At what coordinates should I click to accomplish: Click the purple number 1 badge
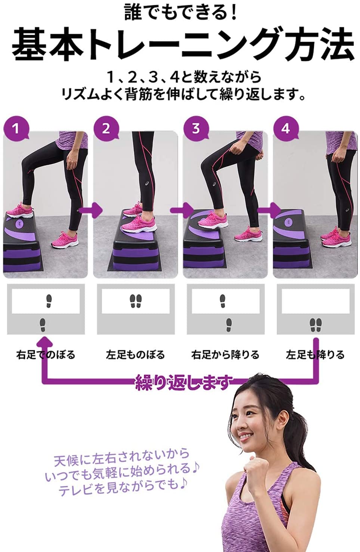(16, 129)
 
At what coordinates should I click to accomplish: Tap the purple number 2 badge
(106, 129)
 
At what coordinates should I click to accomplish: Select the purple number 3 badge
(196, 129)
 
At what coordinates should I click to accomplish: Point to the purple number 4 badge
(286, 129)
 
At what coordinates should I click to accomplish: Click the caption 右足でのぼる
(46, 355)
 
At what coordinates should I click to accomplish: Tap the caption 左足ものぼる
(136, 355)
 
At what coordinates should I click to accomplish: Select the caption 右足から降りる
(225, 355)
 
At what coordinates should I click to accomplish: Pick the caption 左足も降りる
(315, 355)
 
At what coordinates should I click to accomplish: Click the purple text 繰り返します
(184, 383)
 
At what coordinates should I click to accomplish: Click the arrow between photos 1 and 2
(91, 210)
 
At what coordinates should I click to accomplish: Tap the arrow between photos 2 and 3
(182, 210)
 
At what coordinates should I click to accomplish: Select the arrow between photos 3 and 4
(269, 210)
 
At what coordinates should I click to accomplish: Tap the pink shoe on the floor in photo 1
(65, 238)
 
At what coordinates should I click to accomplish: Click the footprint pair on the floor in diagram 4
(316, 325)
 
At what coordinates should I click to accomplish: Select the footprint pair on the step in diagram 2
(136, 301)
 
